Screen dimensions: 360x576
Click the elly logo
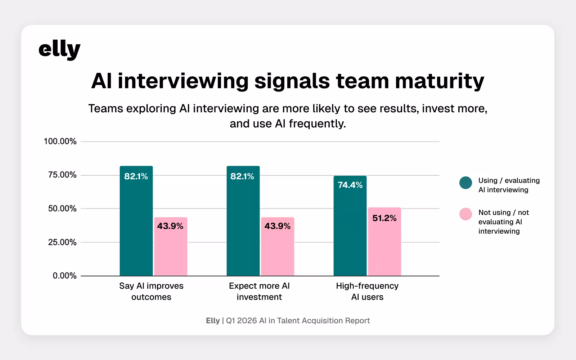tap(59, 50)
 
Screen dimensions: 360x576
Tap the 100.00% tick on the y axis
tap(60, 141)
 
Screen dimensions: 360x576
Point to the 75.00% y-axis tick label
tap(62, 175)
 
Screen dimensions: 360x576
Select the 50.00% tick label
tap(62, 209)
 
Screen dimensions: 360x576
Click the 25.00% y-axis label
tap(62, 242)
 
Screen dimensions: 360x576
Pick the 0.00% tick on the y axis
tap(64, 276)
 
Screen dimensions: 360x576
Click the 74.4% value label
tap(350, 185)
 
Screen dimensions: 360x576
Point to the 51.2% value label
tap(384, 218)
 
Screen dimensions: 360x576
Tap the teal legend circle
tap(465, 183)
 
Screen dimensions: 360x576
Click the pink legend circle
tap(465, 214)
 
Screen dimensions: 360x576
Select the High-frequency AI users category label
tap(367, 291)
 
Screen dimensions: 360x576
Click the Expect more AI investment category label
tap(259, 291)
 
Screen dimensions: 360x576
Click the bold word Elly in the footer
tap(213, 321)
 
